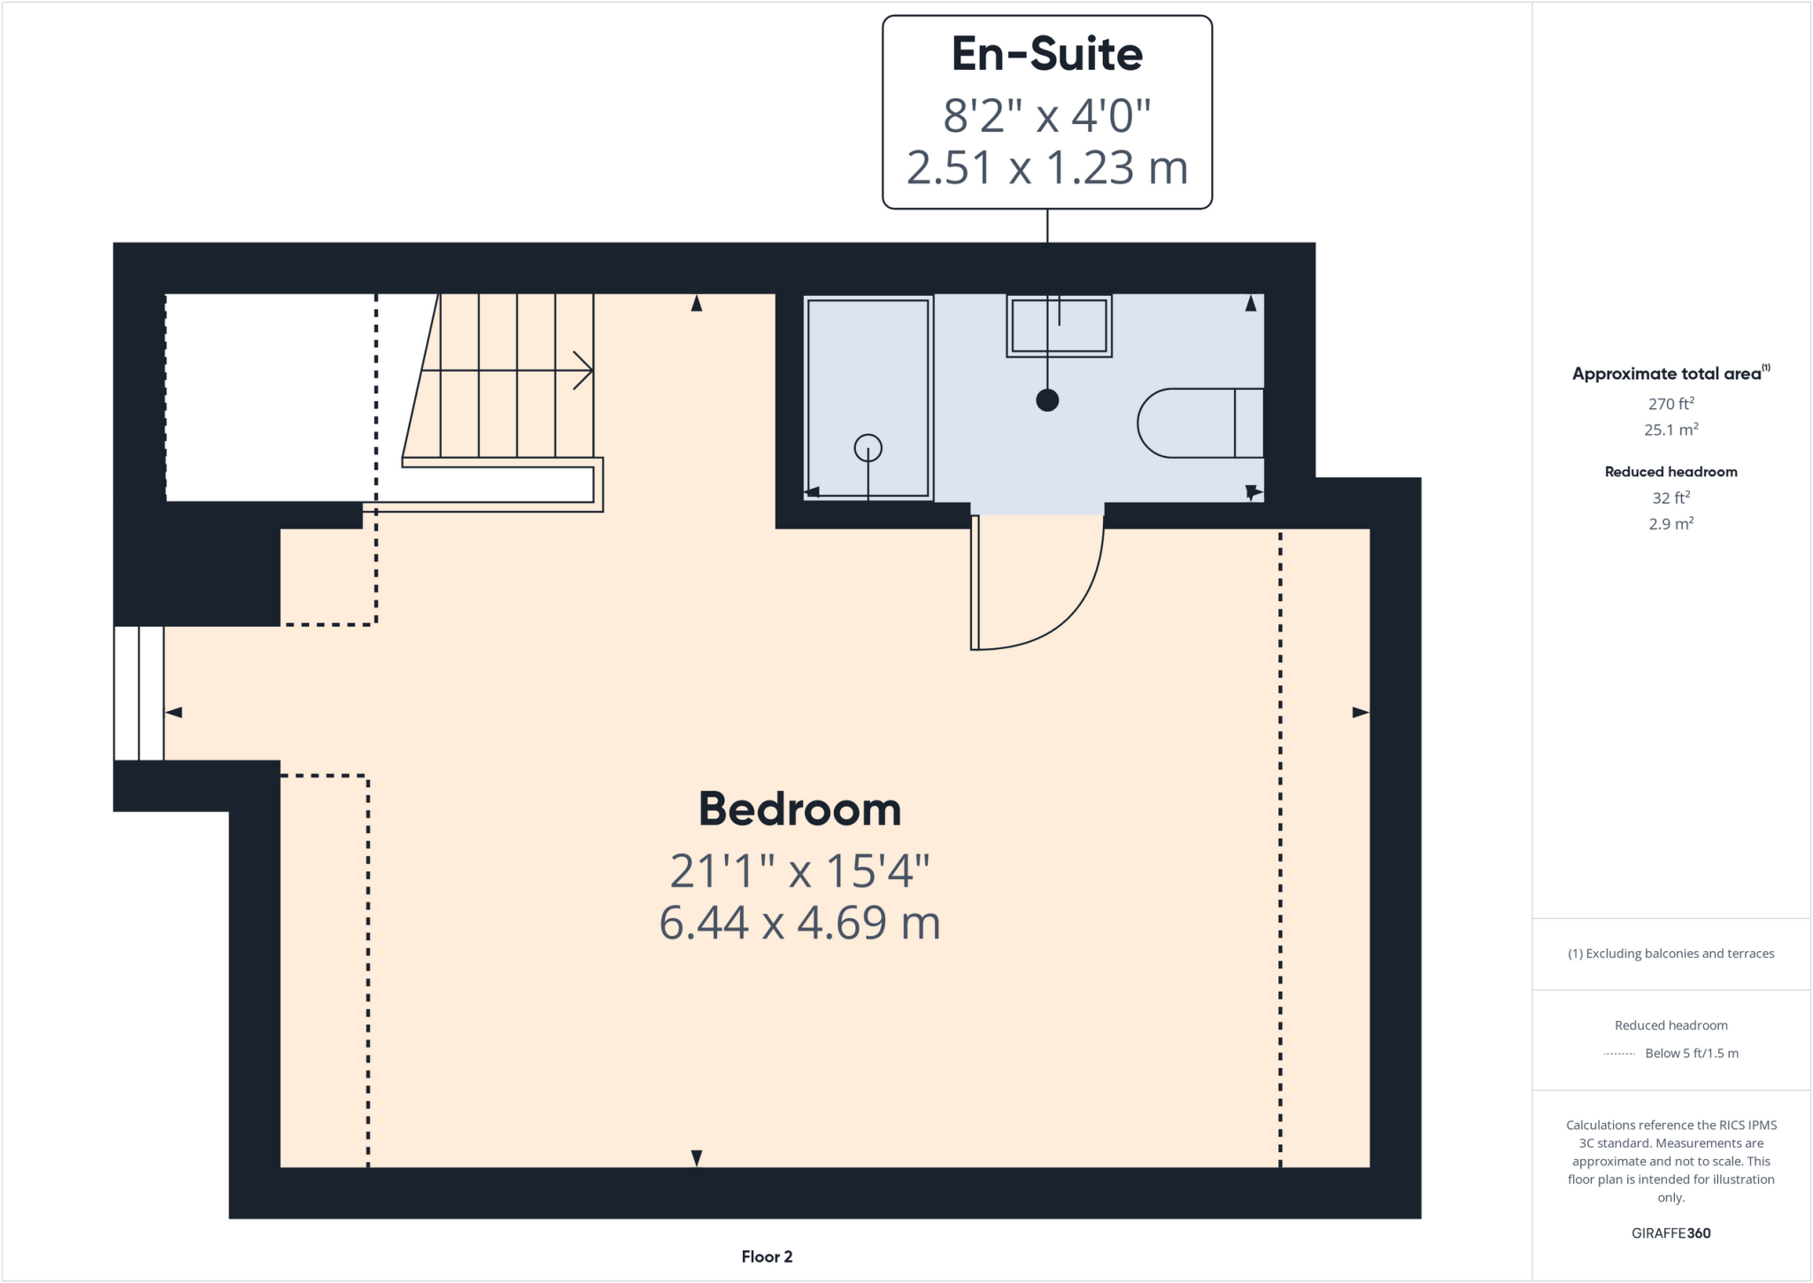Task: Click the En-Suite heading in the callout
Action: tap(1046, 55)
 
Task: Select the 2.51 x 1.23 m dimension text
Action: tap(1046, 168)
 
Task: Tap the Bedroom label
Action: tap(799, 809)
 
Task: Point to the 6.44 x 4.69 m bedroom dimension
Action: tap(799, 923)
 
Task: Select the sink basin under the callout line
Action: tap(1059, 327)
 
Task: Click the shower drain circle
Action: tap(868, 448)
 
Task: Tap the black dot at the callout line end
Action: tap(1047, 400)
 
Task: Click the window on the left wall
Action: tap(139, 693)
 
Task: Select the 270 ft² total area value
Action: tap(1670, 404)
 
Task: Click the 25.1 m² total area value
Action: tap(1670, 430)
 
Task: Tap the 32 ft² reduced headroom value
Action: tap(1670, 498)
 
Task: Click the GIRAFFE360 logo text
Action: tap(1670, 1233)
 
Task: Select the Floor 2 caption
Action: tap(767, 1256)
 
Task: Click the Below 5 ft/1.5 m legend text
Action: tap(1691, 1054)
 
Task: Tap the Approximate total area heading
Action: tap(1669, 374)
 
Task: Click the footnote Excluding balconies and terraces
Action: tap(1670, 954)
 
